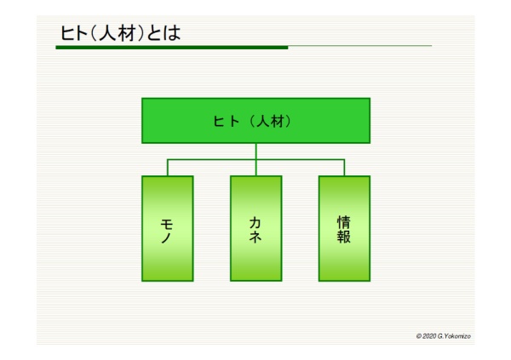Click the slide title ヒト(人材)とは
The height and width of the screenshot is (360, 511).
coord(121,33)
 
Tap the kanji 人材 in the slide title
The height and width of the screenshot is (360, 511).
coord(117,33)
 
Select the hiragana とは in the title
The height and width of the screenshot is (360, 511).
coord(164,33)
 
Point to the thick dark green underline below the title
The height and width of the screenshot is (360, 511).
coord(172,48)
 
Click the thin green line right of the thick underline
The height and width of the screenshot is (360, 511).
coord(360,46)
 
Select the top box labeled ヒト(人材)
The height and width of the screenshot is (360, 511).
coord(255,121)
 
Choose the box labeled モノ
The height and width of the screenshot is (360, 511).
coord(168,228)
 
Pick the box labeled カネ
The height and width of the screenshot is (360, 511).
coord(255,228)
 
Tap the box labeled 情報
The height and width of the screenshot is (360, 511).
coord(344,228)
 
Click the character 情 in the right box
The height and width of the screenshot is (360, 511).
coord(344,222)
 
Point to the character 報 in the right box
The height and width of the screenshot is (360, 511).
coord(344,237)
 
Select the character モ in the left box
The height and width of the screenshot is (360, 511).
coord(167,224)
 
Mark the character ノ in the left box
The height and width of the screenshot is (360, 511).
coord(166,237)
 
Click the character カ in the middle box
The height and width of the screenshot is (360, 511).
coord(255,223)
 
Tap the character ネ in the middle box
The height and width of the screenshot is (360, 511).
coord(255,237)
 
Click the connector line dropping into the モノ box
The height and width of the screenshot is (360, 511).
coord(168,168)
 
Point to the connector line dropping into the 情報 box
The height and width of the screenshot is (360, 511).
coord(344,168)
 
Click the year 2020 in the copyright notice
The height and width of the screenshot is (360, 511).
coord(429,336)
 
